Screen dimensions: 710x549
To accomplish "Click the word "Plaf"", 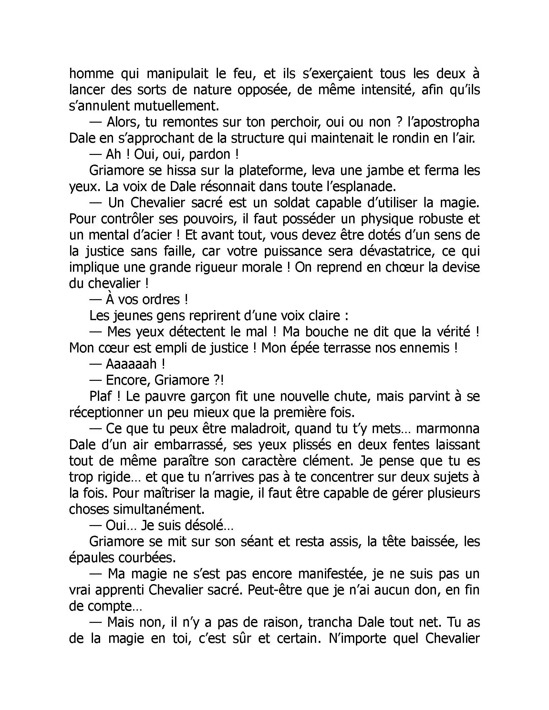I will coord(100,397).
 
